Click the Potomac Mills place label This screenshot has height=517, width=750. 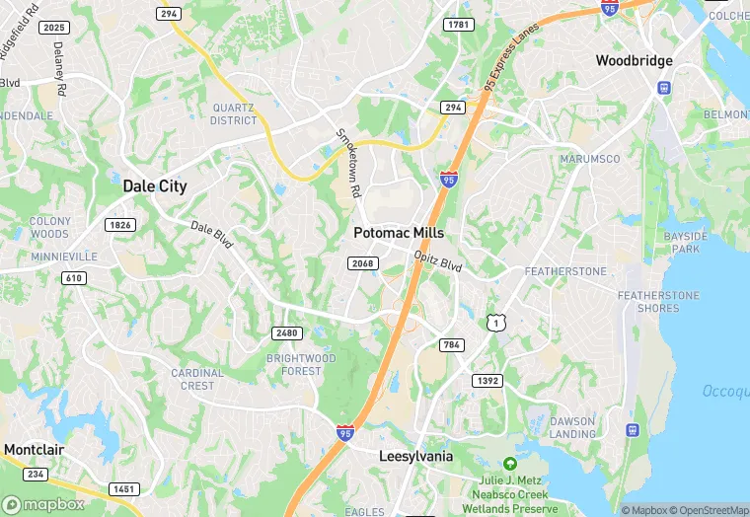399,234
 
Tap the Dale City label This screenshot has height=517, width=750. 155,185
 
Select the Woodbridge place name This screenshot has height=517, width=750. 634,61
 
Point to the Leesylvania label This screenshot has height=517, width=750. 415,457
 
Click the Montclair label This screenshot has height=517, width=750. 35,450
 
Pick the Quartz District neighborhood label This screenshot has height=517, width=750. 234,114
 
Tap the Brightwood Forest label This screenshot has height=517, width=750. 301,364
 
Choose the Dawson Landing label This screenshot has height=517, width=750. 572,427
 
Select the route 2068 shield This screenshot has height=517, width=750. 362,262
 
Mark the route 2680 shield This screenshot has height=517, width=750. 287,332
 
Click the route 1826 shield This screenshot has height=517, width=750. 119,225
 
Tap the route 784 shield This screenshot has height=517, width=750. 453,344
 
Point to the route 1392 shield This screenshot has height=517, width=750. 487,380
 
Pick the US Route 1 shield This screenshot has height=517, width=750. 495,323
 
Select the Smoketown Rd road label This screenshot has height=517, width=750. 348,164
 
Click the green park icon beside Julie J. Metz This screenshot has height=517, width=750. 509,463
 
